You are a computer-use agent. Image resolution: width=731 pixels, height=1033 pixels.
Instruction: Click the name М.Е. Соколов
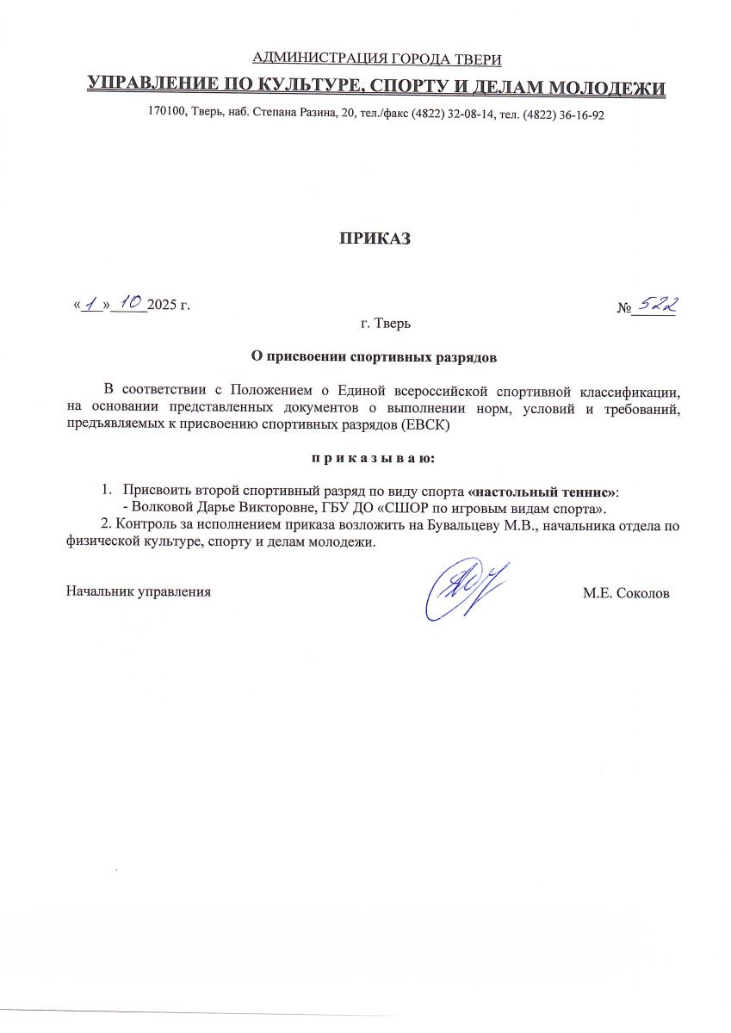click(x=625, y=593)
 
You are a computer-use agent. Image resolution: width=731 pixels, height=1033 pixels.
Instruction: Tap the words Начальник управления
click(x=139, y=592)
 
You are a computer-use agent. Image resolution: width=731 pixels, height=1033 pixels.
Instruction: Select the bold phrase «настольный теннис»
click(x=542, y=491)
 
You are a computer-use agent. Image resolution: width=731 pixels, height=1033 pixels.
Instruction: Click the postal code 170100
click(x=165, y=114)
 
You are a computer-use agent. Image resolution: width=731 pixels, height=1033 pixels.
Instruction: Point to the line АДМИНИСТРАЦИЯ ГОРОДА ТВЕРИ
click(x=375, y=59)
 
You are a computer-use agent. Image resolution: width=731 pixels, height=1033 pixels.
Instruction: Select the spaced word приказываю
click(x=374, y=455)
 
